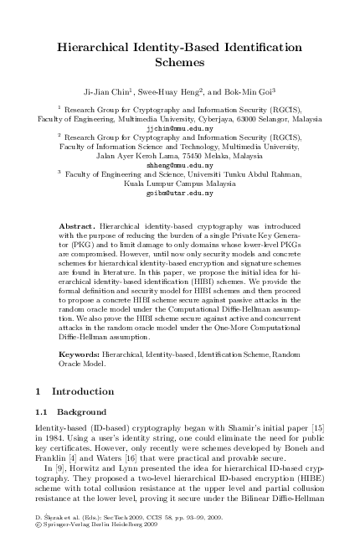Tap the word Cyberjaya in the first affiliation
[x=226, y=120]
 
